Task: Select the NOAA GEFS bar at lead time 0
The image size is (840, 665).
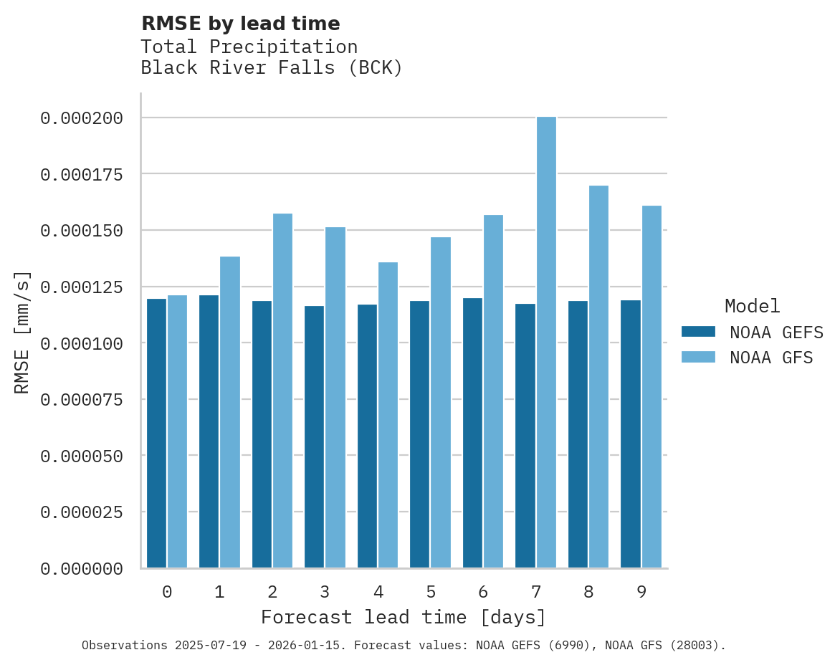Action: [x=156, y=433]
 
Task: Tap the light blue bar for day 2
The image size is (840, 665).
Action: [x=282, y=391]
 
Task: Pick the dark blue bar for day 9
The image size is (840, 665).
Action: [x=631, y=434]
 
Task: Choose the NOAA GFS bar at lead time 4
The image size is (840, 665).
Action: [x=388, y=415]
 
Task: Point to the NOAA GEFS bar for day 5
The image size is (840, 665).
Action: [x=419, y=434]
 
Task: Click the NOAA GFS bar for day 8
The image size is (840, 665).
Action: [x=598, y=376]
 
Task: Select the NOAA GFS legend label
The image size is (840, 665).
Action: [x=771, y=357]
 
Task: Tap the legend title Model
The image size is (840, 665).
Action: [x=752, y=306]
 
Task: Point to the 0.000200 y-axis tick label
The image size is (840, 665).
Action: [x=81, y=118]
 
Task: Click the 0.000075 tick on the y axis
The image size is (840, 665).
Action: [x=81, y=399]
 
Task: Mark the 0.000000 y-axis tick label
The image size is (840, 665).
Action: [x=81, y=568]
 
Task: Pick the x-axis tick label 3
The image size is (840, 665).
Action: [x=325, y=592]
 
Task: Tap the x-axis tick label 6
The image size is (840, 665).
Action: [x=483, y=592]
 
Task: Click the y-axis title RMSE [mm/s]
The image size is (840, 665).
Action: [x=22, y=332]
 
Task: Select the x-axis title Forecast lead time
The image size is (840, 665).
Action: [x=404, y=617]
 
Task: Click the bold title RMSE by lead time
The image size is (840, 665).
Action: [x=240, y=24]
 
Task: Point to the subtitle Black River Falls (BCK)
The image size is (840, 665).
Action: [x=272, y=68]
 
